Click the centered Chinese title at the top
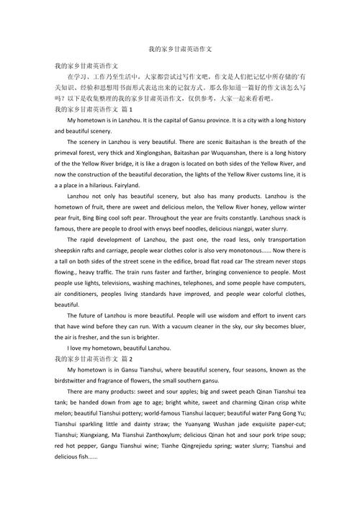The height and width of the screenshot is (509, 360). tap(180, 49)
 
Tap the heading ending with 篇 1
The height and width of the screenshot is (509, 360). tap(94, 109)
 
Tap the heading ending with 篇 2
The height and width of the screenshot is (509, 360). tap(94, 358)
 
